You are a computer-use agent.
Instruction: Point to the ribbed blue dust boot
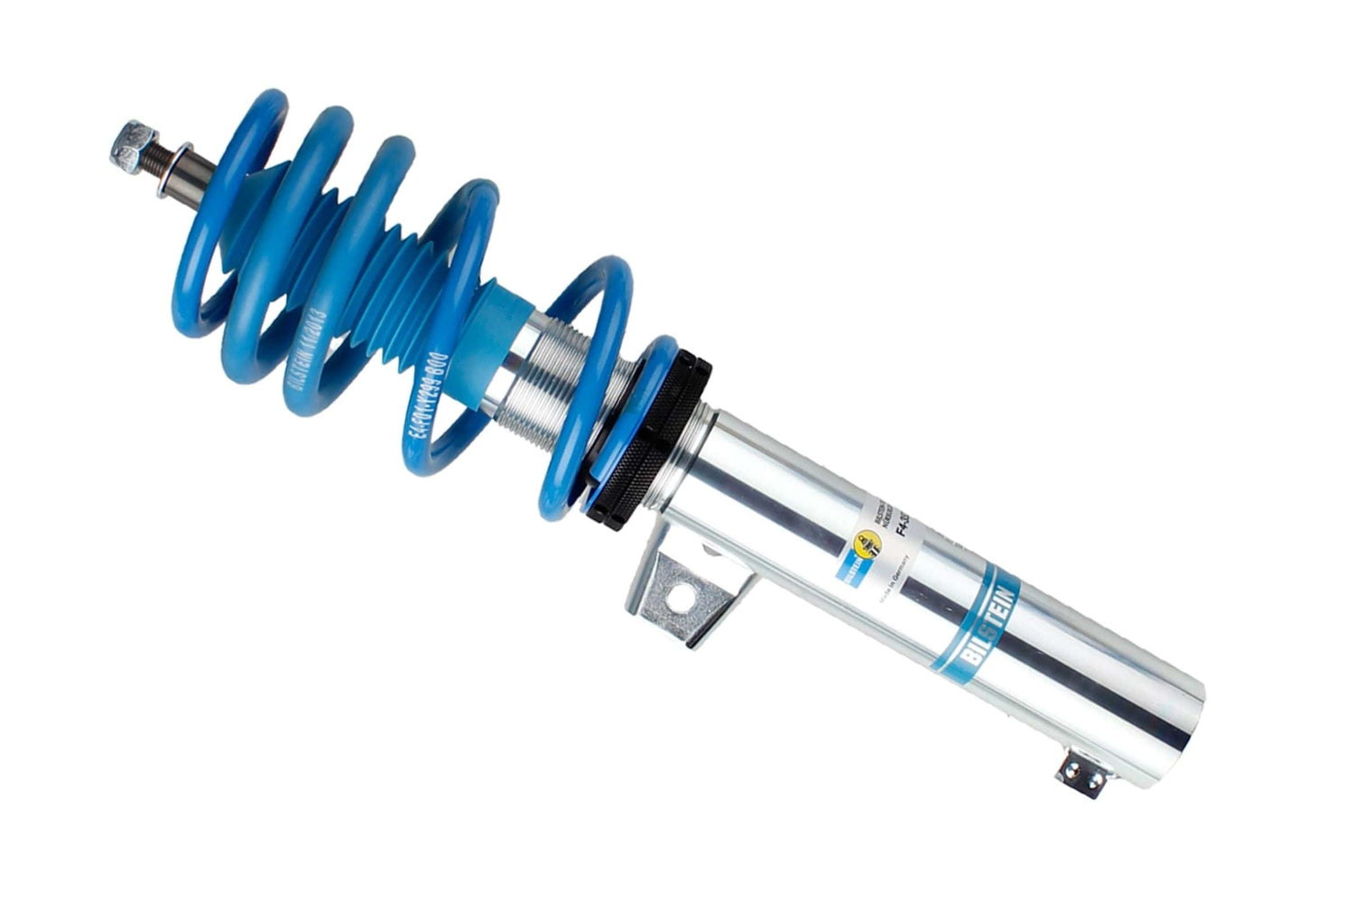pyautogui.click(x=397, y=262)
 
